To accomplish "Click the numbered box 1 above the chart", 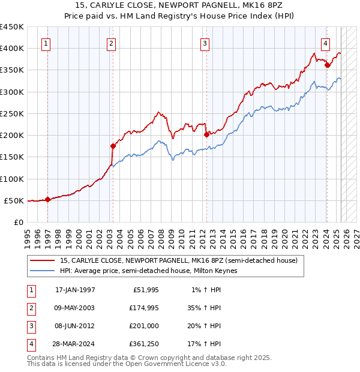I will (46, 43).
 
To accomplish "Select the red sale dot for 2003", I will (112, 146).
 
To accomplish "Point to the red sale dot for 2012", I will (206, 134).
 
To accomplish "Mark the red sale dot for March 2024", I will (327, 65).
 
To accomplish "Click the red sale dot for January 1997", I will (48, 200).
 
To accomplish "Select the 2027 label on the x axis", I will (356, 235).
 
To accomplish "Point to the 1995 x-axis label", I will (28, 235).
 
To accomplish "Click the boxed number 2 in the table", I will (30, 308).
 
